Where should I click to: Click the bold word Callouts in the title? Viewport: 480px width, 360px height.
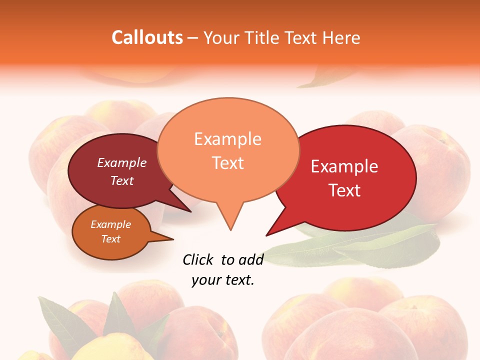147,37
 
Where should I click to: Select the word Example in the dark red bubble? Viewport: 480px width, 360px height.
122,162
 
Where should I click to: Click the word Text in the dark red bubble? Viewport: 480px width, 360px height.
122,180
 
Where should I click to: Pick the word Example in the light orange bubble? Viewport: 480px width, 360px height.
227,139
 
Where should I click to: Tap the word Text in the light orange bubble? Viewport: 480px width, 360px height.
227,163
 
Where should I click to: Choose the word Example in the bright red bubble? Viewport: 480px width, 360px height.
344,166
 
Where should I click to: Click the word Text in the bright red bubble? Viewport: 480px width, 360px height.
345,190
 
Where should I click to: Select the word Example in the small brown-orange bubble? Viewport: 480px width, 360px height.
110,224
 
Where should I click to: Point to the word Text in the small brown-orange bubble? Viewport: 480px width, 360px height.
110,239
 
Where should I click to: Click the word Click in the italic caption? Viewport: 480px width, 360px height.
199,259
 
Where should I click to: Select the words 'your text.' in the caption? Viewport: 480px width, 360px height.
223,280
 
